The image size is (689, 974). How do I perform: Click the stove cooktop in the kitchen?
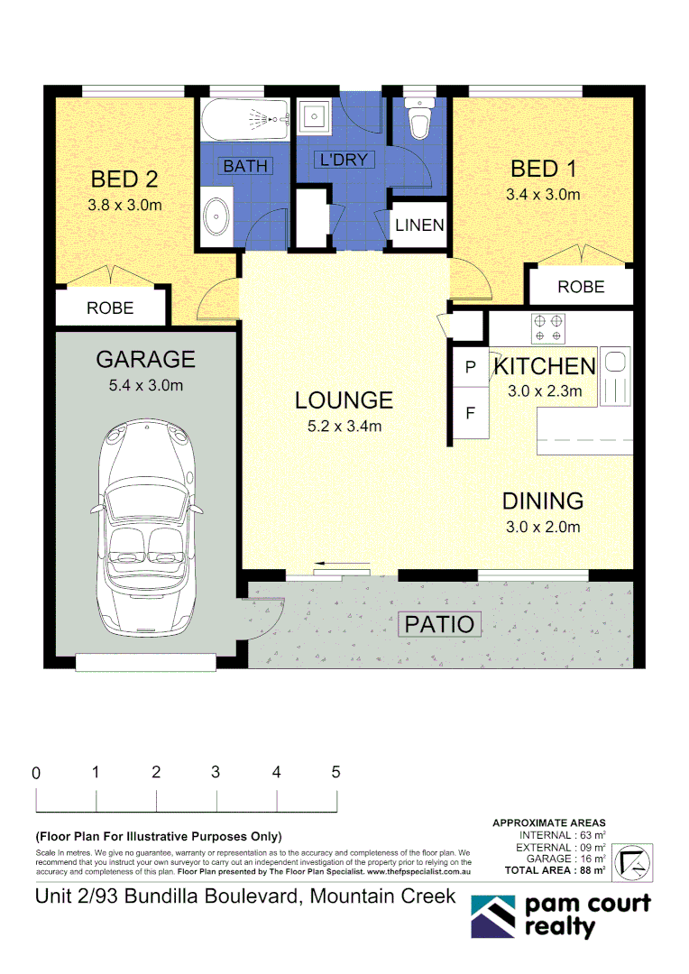547,328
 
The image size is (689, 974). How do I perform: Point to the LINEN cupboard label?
419,225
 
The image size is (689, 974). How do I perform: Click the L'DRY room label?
343,161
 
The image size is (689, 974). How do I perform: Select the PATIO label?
438,623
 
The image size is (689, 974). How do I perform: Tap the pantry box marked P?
470,368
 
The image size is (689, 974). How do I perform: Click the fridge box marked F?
470,415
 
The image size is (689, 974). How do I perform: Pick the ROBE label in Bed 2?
110,308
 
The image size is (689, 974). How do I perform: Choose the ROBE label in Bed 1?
581,288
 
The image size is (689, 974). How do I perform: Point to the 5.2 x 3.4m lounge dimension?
344,427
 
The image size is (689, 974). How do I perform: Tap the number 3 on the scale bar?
216,772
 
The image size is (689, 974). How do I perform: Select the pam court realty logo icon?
493,916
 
